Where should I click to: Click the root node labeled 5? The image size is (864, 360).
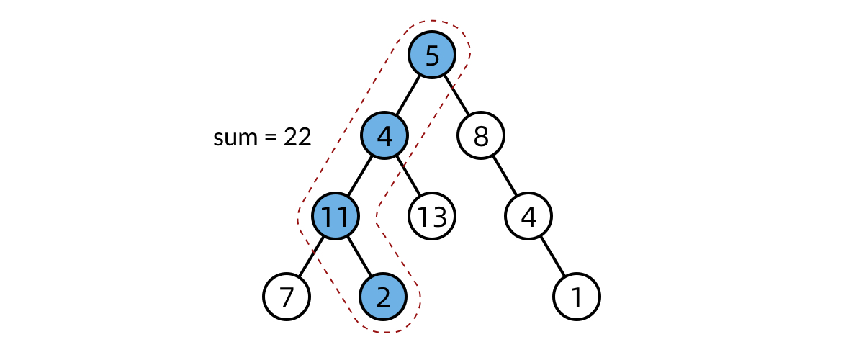[x=432, y=55]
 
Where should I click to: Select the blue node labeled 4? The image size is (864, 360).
[x=384, y=135]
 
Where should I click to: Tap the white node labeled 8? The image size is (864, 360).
[x=481, y=135]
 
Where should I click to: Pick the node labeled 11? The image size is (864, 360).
[x=336, y=216]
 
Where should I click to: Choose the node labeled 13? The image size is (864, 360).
[x=432, y=216]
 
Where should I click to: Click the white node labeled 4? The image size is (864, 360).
[x=528, y=216]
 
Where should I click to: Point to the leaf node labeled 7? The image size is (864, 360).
[x=287, y=296]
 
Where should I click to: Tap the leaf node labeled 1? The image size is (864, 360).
[x=577, y=296]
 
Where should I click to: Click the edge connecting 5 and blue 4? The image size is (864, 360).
[x=408, y=95]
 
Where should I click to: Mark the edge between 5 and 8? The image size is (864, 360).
[x=456, y=95]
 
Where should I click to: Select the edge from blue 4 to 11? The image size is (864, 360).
[x=360, y=176]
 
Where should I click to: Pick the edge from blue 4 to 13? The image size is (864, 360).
[x=408, y=176]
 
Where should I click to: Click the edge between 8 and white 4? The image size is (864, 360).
[x=505, y=176]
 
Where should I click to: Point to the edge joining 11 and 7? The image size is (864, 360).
[x=311, y=256]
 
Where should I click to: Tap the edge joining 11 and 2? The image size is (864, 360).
[x=359, y=256]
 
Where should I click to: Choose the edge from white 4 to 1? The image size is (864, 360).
[x=553, y=256]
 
